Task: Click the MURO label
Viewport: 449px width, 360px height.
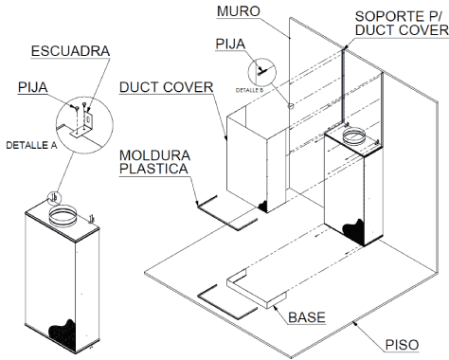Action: coord(239,11)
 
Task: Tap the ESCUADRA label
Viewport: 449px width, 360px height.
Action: coord(70,51)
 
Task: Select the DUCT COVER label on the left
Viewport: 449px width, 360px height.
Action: coord(167,87)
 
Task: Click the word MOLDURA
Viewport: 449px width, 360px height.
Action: coord(154,155)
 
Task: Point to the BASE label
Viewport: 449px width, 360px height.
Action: coord(307,317)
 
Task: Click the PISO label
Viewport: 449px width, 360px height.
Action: coord(402,345)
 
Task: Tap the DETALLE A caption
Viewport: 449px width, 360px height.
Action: coord(31,145)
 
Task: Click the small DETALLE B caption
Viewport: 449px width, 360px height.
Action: coord(249,90)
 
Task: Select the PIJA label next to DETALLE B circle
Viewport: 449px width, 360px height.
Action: coord(230,44)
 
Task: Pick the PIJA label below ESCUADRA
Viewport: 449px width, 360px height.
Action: coord(33,87)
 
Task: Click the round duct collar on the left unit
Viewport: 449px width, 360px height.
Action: coord(63,216)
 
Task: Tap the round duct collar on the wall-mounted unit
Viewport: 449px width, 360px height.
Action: coord(354,136)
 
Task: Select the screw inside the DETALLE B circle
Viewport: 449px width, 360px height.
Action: coord(261,71)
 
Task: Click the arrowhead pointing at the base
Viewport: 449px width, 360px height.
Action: coord(276,308)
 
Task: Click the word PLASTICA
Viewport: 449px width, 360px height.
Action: coord(153,169)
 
